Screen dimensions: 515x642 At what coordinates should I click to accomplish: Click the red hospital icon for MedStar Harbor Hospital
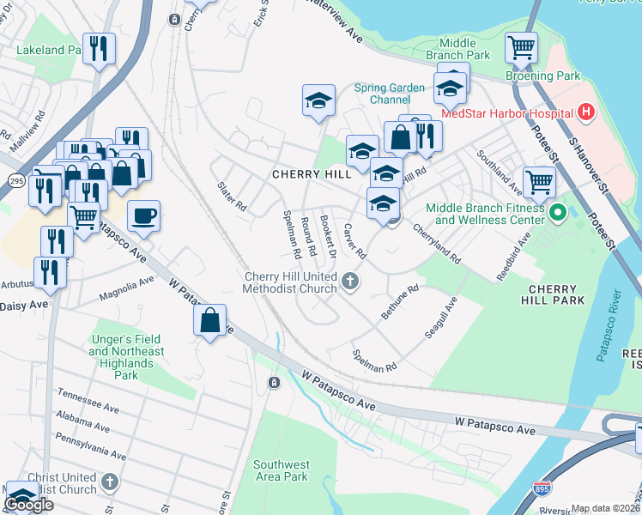(586, 112)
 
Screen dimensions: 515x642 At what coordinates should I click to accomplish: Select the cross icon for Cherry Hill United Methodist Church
(349, 280)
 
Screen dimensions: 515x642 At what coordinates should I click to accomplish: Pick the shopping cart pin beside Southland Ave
(539, 181)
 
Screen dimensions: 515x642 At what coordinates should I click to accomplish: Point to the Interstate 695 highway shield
(542, 488)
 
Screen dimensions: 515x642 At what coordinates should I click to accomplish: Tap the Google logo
(28, 505)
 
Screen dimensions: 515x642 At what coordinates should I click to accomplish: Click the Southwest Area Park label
(281, 470)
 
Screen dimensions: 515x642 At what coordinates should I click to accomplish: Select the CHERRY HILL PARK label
(553, 294)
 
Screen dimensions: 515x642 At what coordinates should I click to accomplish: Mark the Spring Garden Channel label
(390, 94)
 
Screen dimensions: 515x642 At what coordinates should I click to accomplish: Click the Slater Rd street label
(232, 197)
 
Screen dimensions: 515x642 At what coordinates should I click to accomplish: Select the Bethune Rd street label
(399, 303)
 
